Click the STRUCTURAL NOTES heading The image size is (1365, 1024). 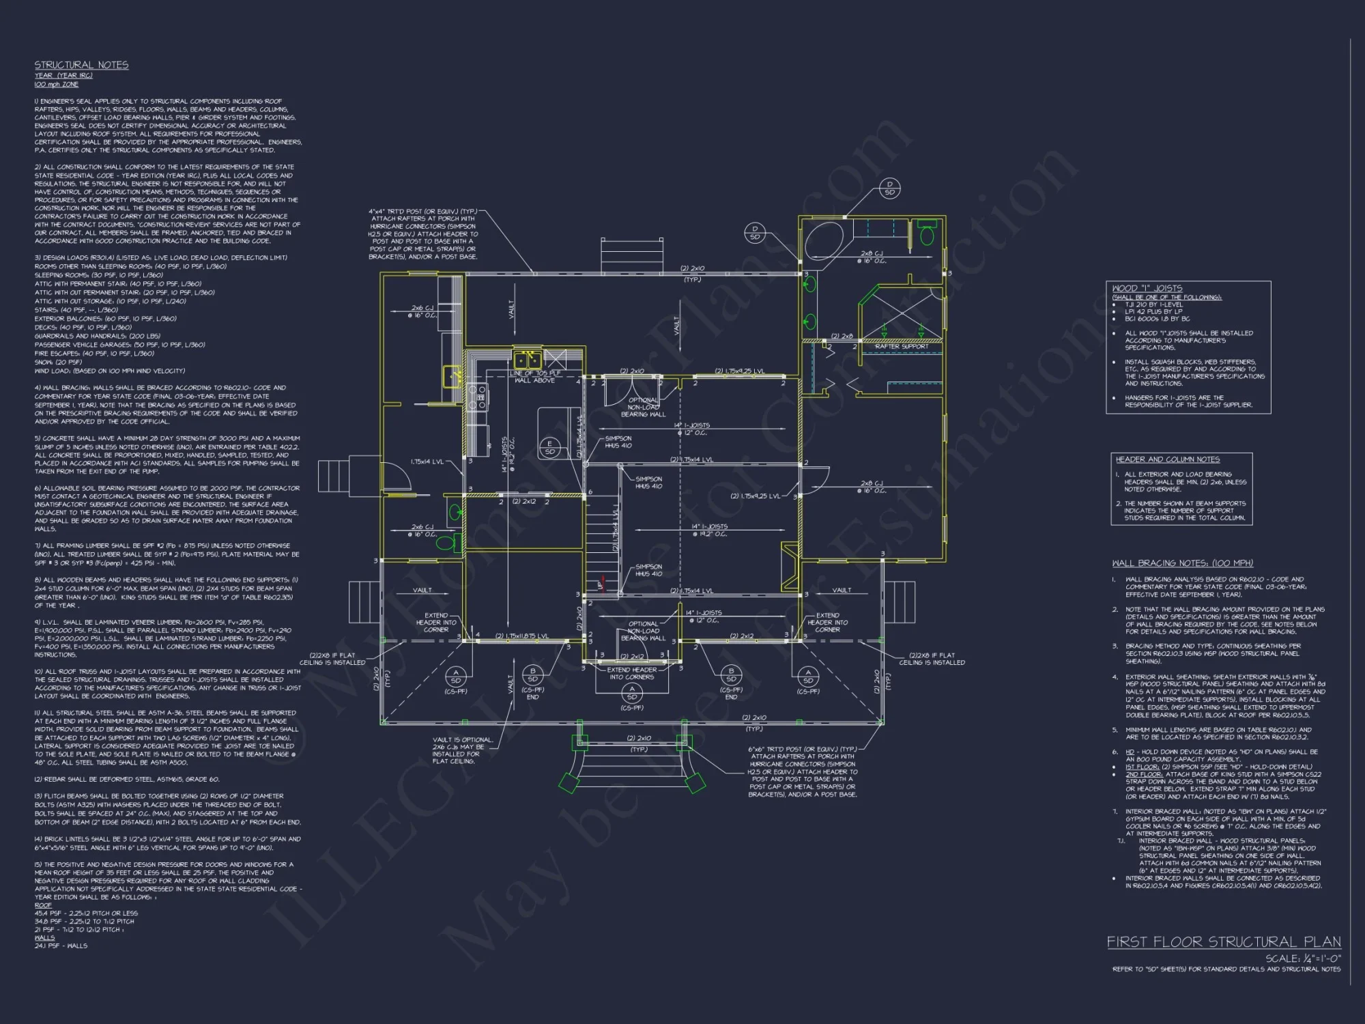(x=81, y=65)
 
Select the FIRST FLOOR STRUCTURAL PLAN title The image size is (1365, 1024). (x=1223, y=942)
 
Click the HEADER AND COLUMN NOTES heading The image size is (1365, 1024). (x=1167, y=459)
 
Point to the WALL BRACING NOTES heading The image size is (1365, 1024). (x=1182, y=563)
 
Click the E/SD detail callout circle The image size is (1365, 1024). (x=549, y=448)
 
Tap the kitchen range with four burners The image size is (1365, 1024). (x=477, y=397)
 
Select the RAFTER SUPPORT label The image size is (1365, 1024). (x=901, y=347)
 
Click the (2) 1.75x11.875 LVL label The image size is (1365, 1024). (x=522, y=636)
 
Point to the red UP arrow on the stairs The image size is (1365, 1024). (x=601, y=584)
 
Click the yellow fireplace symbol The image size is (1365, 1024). (x=790, y=566)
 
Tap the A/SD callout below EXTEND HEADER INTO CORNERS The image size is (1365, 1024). (x=632, y=693)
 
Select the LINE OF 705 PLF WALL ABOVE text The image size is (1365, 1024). (x=535, y=377)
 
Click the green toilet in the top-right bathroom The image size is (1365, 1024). (x=927, y=236)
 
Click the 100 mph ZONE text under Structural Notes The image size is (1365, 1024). (x=56, y=85)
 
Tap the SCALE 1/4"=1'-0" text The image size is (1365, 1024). (x=1302, y=958)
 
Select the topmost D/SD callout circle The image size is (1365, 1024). (x=889, y=188)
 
